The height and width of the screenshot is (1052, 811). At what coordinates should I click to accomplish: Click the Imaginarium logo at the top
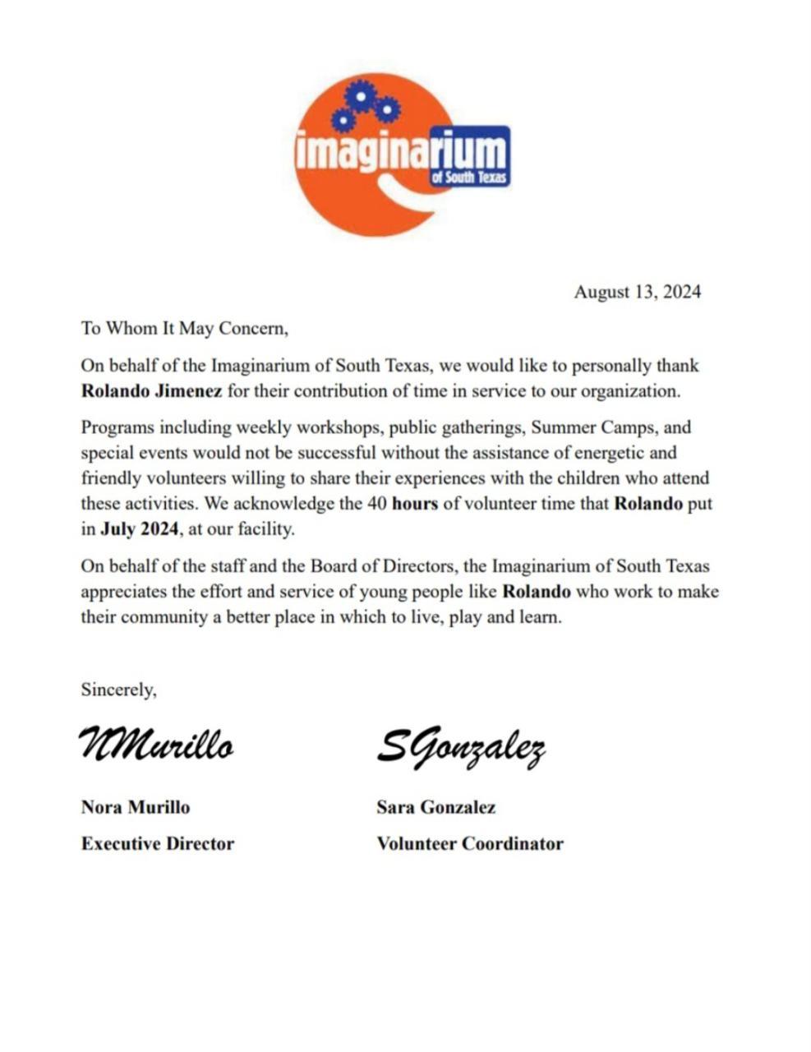click(x=401, y=155)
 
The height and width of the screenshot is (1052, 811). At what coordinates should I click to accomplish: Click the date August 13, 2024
click(x=637, y=292)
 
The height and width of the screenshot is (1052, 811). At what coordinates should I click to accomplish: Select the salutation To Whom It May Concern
click(x=185, y=329)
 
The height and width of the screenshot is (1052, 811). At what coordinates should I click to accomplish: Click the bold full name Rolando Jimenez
click(x=151, y=391)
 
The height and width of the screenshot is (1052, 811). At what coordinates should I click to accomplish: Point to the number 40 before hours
click(x=377, y=504)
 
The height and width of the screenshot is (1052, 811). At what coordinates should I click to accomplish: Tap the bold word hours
click(x=415, y=504)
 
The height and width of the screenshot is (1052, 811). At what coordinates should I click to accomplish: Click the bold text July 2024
click(x=139, y=529)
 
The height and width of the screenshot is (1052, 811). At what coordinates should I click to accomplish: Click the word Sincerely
click(x=118, y=690)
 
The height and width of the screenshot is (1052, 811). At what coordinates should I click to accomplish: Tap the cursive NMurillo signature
click(x=156, y=744)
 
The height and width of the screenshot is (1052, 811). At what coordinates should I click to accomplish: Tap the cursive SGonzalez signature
click(x=461, y=746)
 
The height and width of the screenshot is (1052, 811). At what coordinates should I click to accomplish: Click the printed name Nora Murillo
click(x=136, y=807)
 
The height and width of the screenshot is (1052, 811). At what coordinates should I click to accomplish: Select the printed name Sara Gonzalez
click(x=436, y=807)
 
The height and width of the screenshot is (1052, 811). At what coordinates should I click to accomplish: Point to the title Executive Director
click(x=158, y=843)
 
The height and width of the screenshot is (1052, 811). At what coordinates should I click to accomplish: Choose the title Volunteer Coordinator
click(x=470, y=843)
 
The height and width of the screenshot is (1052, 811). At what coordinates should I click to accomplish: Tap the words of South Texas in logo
click(x=470, y=178)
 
